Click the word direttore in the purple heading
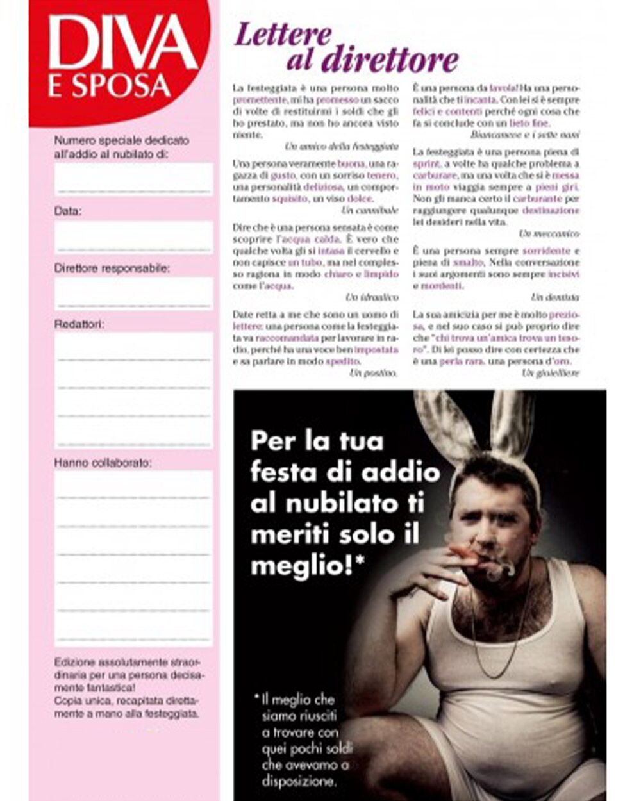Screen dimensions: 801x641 (x=390, y=61)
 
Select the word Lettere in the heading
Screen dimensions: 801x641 (x=283, y=35)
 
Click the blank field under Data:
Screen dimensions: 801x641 (x=134, y=237)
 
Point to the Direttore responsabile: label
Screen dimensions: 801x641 (x=112, y=268)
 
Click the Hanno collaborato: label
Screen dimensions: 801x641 (x=103, y=462)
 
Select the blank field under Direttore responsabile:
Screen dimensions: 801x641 (x=134, y=293)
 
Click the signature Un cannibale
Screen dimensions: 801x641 (x=370, y=210)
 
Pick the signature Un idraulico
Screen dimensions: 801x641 (x=372, y=297)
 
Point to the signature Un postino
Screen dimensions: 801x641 (x=374, y=372)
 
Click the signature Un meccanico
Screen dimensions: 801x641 (x=549, y=234)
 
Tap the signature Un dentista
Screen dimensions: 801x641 (x=554, y=297)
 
